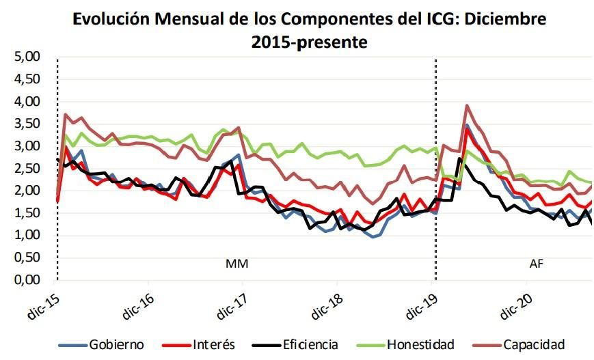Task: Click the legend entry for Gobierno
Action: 117,344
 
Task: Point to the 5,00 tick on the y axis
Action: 27,57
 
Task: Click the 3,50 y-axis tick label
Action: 27,124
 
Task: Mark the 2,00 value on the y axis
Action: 27,191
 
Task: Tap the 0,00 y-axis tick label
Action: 27,280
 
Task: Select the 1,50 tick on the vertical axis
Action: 27,213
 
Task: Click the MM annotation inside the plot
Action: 237,263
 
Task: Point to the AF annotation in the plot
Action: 537,263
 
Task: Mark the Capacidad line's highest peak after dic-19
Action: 466,106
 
